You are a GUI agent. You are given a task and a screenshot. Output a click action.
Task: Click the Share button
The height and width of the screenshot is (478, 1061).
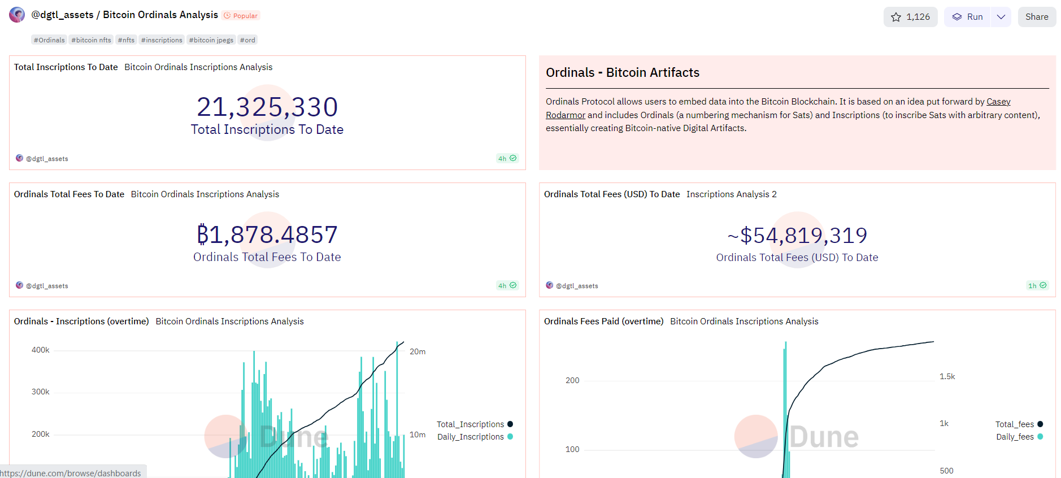coord(1036,17)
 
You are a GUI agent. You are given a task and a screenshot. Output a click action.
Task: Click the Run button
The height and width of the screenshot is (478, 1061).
coord(968,17)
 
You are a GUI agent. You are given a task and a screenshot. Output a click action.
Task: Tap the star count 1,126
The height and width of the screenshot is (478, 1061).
coord(910,17)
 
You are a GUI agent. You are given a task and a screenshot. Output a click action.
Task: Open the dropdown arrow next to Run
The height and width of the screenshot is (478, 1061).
coord(1001,17)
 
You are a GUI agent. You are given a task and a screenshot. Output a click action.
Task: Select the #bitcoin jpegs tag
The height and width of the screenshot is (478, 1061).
coord(211,40)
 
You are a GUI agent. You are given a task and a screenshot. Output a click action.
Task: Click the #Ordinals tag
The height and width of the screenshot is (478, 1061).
coord(49,40)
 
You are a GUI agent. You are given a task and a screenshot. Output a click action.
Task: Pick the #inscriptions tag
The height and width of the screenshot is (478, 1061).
coord(162,40)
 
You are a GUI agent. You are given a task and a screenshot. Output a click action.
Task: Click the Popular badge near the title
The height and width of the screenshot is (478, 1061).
coord(241,16)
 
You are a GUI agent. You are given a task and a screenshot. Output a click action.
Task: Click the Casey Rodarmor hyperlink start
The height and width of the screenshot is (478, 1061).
coord(998,102)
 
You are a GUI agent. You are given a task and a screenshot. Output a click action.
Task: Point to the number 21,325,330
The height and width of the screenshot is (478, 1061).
coord(267,107)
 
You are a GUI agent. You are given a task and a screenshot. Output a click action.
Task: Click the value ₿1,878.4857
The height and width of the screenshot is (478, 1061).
coord(267,234)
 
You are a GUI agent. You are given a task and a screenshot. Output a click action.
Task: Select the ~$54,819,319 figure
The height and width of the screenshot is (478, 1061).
coord(797,235)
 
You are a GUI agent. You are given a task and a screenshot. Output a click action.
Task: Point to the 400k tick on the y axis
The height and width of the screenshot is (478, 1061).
coord(40,350)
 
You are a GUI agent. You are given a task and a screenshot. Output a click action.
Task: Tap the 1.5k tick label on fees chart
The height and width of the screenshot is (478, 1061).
coord(947,376)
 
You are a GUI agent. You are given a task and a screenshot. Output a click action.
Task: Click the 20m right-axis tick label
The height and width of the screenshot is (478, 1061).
coord(418,351)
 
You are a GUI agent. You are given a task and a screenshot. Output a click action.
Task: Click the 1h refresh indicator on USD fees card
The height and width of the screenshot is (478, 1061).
coord(1037,285)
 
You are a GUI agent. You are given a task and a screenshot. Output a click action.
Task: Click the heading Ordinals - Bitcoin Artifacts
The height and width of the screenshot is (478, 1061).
coord(622,72)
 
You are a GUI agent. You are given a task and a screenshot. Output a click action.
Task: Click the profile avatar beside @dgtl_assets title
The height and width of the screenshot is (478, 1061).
coord(17,15)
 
